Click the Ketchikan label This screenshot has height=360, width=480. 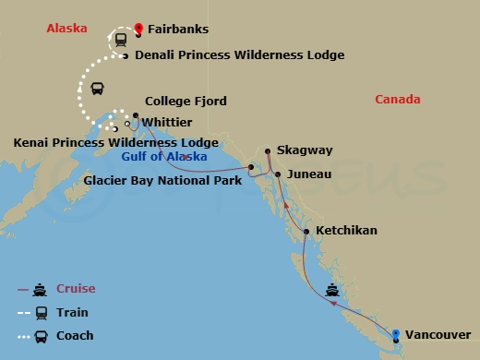[346, 230]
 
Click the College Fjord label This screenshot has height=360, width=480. [186, 102]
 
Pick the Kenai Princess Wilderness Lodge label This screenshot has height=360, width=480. [115, 143]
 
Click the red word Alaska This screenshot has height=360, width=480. [66, 29]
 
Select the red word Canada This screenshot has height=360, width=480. [399, 100]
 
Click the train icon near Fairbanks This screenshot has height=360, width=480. [122, 38]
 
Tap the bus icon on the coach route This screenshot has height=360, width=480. [96, 89]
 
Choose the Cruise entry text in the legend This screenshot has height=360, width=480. [76, 288]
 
